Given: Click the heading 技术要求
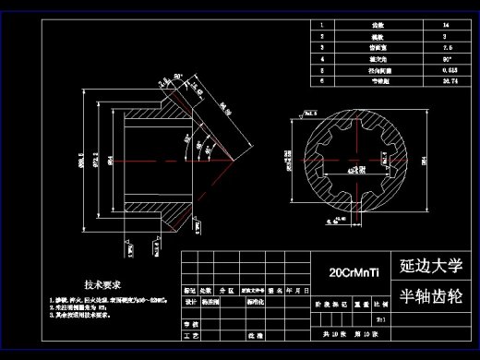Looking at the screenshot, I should (103, 285).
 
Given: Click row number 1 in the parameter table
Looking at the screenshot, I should (321, 27).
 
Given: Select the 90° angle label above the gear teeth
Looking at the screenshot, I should (178, 77).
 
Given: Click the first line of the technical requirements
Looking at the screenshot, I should (106, 300).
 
